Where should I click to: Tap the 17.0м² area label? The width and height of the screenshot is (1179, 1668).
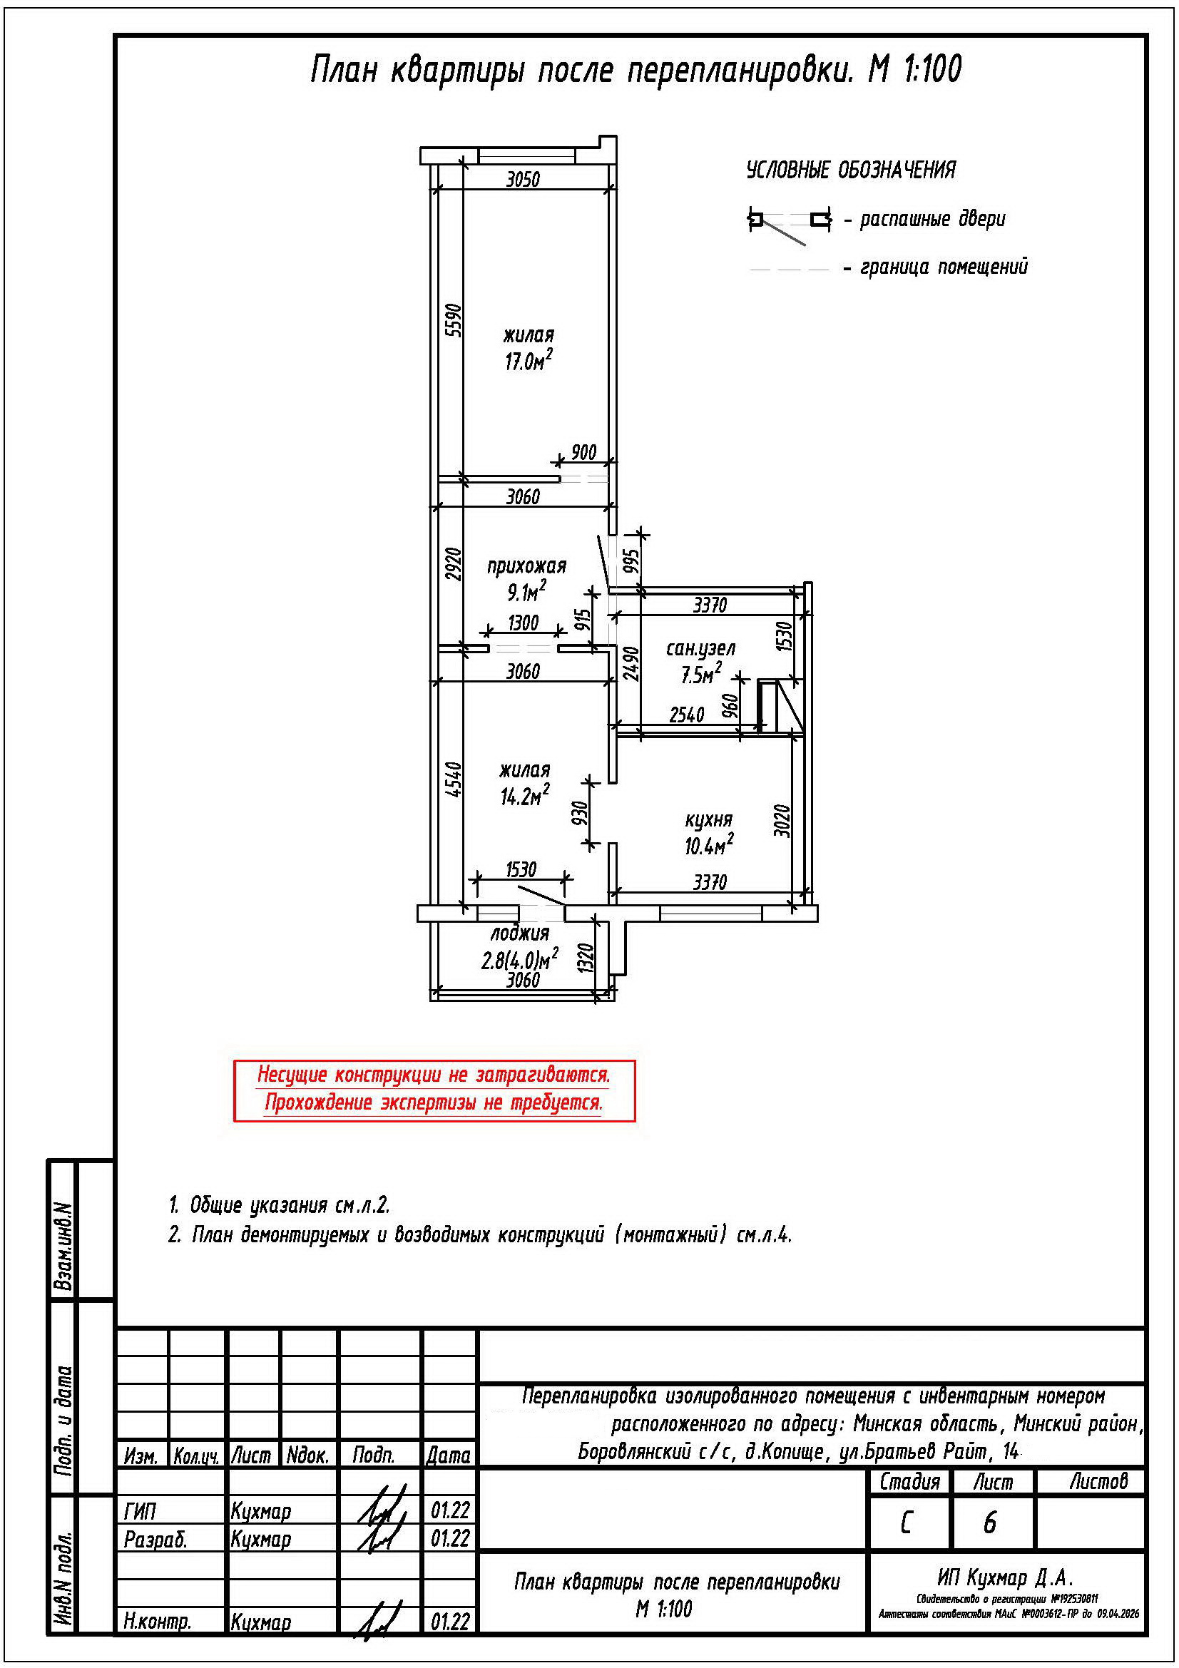coord(528,359)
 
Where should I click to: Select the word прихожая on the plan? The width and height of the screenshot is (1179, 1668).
coord(526,566)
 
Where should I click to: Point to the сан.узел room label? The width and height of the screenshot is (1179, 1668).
coord(701,648)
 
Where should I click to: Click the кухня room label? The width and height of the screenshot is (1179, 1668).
coord(708,819)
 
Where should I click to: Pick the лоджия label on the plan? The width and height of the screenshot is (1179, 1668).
coord(519,933)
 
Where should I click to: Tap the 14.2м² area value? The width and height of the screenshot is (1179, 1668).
coord(524,796)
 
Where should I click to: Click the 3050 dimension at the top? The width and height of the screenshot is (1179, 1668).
coord(523,179)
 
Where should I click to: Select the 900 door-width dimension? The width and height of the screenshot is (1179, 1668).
coord(583,452)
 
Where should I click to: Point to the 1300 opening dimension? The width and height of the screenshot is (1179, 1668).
coord(523,623)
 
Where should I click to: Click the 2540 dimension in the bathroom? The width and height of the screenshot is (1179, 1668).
coord(686,715)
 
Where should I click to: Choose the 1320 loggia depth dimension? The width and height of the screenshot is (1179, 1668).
coord(587,958)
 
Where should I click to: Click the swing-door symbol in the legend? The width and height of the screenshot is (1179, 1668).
coord(790,225)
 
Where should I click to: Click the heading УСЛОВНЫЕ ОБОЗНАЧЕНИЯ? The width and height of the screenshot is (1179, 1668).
coord(852,170)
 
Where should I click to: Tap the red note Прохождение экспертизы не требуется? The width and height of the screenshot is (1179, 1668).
coord(434,1102)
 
